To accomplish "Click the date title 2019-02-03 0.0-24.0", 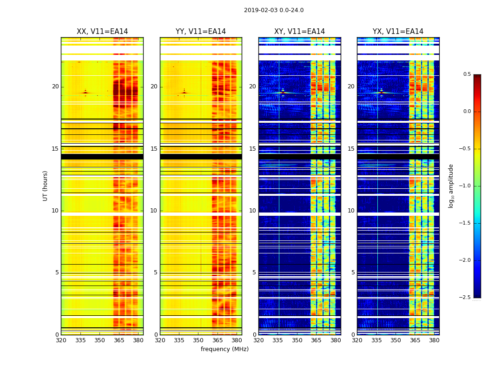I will [274, 10].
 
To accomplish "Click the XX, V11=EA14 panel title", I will [102, 32].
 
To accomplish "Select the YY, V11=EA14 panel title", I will [201, 32].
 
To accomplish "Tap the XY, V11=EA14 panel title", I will [299, 32].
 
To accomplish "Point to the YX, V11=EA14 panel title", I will [398, 32].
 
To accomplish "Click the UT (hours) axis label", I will [45, 186].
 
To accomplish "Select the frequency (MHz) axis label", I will [224, 349].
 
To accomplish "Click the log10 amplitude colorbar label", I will [451, 186].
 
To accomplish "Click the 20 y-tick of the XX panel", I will [55, 86].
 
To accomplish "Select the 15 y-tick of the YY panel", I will [154, 149].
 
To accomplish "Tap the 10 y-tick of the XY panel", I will [253, 211].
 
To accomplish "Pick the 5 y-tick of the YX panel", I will [353, 272].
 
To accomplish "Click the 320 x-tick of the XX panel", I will [61, 341].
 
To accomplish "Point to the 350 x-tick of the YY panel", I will [198, 341].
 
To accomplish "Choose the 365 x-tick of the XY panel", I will [317, 341].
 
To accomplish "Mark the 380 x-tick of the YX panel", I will [434, 341].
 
